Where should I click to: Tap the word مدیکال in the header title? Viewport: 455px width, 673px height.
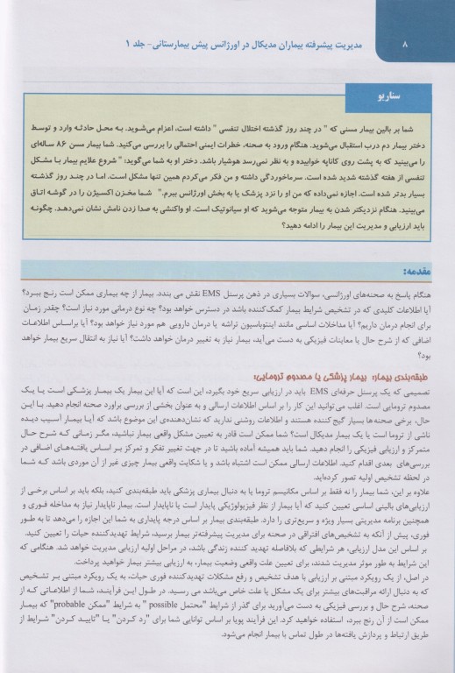tap(244, 42)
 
